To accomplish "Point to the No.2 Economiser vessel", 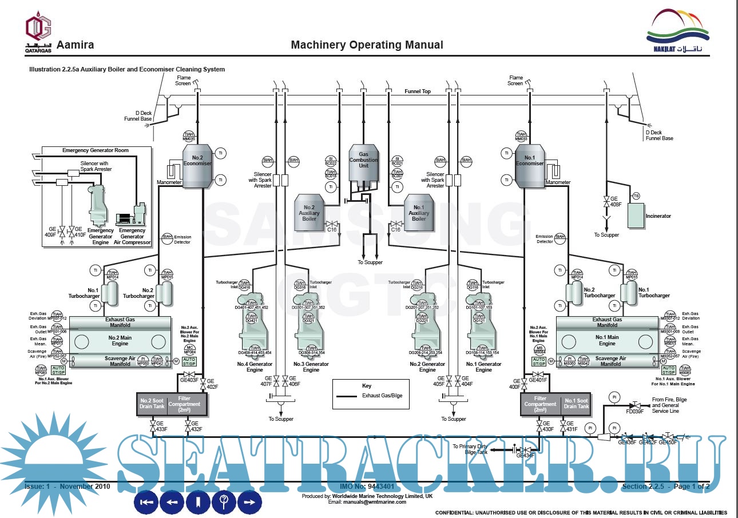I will pyautogui.click(x=197, y=165).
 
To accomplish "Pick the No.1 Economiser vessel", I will pyautogui.click(x=529, y=165).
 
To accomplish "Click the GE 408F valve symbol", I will pyautogui.click(x=606, y=202).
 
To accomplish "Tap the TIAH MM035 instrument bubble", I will pyautogui.click(x=189, y=137).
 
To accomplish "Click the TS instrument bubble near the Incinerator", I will pyautogui.click(x=636, y=196).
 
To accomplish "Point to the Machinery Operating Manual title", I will pyautogui.click(x=367, y=45).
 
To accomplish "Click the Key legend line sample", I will pyautogui.click(x=348, y=396).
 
